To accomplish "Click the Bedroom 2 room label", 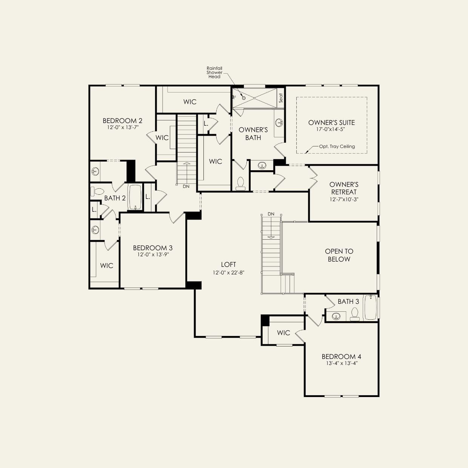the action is tap(122, 121).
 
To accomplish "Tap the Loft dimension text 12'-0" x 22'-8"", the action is tap(228, 272).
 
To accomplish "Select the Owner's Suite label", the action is tap(331, 123).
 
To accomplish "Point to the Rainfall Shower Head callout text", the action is tap(214, 72).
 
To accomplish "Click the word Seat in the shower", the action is tap(281, 98).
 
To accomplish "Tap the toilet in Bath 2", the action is tap(97, 191).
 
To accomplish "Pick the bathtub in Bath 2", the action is tap(135, 197).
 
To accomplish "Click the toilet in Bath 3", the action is tap(354, 314).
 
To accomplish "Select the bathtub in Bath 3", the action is tap(370, 307).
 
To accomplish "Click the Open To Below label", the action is tap(339, 255).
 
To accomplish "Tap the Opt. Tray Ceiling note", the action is tap(337, 146).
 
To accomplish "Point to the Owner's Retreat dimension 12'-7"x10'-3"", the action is tap(344, 199).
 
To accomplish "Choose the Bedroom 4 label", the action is tap(341, 357).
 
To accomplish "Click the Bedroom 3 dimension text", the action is tap(153, 254).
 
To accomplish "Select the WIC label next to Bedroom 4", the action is tap(283, 333).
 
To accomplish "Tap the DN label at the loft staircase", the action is tap(271, 214).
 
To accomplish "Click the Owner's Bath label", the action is tap(253, 134).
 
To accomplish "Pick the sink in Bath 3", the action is tap(336, 316).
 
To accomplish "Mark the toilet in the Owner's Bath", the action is tap(240, 183).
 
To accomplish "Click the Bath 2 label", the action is tap(115, 198).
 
